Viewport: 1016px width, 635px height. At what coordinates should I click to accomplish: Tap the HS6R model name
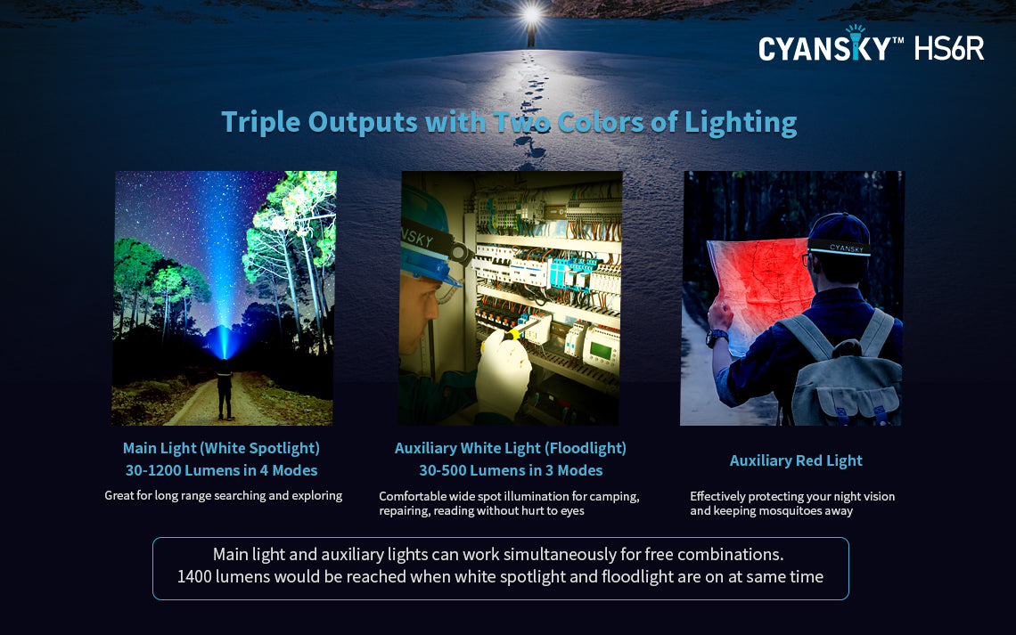coord(949,49)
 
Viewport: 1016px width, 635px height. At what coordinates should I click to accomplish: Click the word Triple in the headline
coord(260,122)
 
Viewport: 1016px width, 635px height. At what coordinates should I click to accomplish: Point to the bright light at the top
coord(531,14)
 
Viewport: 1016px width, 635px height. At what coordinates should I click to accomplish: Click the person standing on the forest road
coord(225,390)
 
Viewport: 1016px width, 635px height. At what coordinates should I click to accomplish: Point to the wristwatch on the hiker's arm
coord(716,338)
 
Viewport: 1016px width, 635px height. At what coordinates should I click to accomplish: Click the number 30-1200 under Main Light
coord(153,470)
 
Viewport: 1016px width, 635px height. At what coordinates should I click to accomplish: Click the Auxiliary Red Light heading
coord(796,460)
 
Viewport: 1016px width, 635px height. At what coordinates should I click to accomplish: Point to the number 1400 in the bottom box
coord(193,577)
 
